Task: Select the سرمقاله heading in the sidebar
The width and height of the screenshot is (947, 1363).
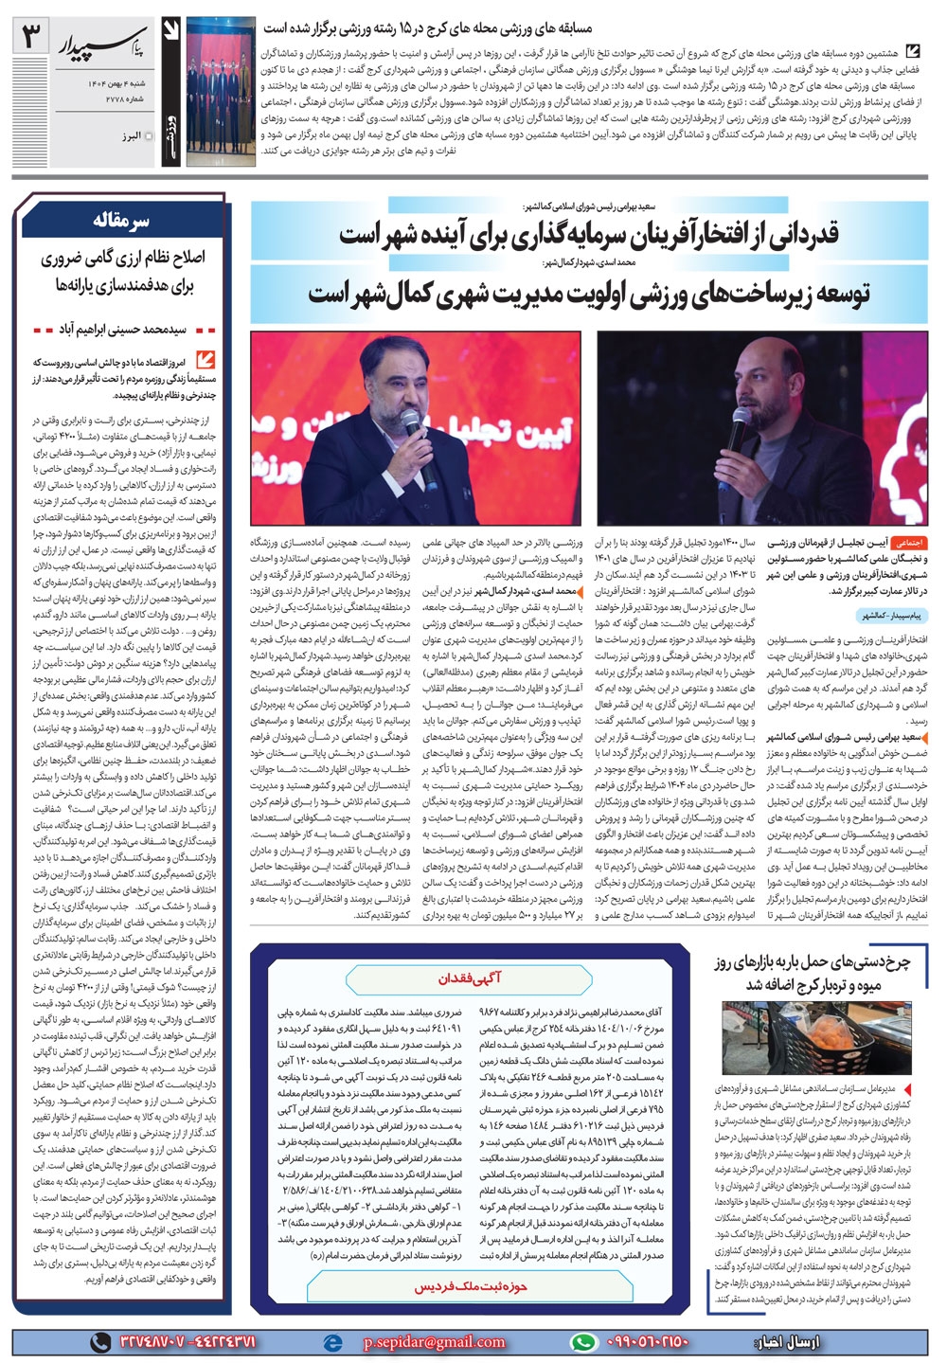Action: pos(121,222)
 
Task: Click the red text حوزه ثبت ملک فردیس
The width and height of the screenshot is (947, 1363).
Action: pos(471,1288)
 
